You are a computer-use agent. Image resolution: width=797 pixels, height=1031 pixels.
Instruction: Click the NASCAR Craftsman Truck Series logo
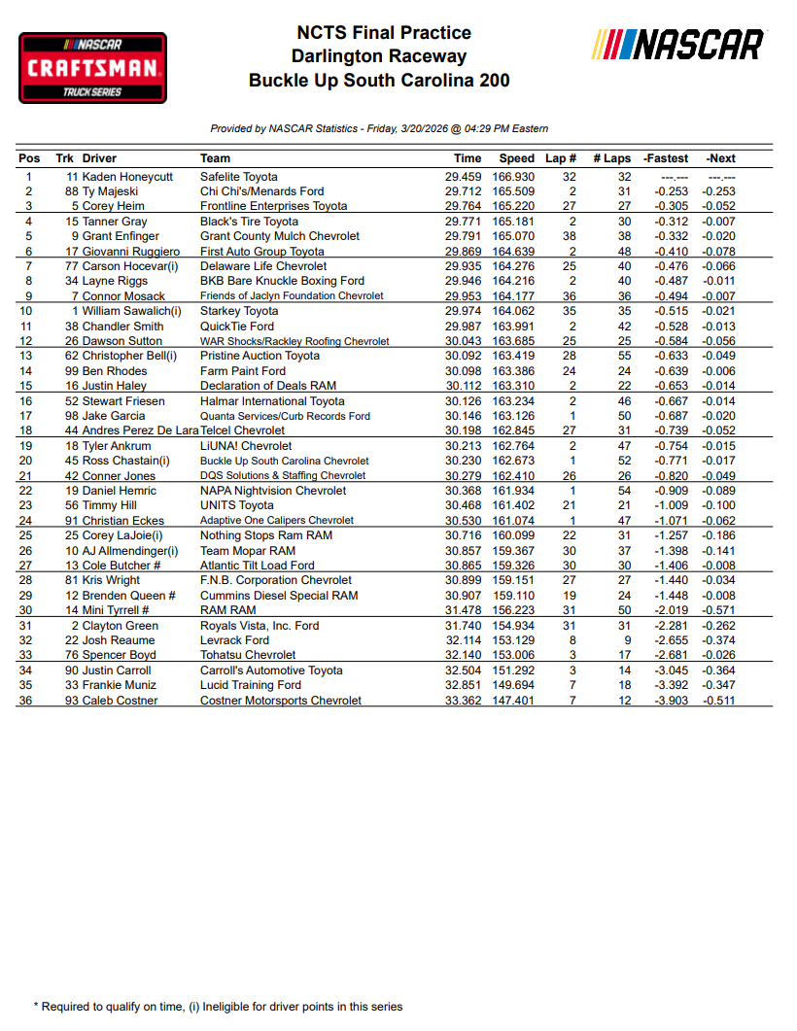[93, 67]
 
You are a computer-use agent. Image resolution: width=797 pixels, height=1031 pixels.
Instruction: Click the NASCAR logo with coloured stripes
[677, 45]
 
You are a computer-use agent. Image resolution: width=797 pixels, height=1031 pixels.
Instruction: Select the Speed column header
[516, 158]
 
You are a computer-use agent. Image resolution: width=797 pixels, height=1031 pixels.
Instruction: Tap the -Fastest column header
[666, 158]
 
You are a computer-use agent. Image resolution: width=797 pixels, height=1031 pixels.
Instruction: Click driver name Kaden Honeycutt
[127, 177]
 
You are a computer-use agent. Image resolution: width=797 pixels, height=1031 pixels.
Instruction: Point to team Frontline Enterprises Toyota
[273, 206]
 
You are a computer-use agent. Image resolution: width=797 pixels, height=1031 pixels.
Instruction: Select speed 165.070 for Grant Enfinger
[516, 236]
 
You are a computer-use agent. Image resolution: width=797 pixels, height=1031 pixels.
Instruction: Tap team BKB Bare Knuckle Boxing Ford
[282, 281]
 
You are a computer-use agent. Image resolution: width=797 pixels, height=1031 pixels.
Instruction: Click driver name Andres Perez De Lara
[141, 430]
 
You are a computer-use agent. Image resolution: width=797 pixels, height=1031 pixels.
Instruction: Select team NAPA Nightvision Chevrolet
[273, 491]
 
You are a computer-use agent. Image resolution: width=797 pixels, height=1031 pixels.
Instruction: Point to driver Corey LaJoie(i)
[122, 535]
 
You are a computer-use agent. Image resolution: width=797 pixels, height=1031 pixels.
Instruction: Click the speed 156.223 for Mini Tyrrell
[516, 610]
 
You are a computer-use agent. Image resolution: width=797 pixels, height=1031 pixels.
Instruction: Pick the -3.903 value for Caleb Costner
[666, 701]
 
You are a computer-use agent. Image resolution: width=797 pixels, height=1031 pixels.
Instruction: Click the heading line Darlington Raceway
[378, 56]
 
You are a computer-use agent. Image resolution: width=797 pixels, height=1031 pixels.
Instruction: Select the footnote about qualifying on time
[218, 1007]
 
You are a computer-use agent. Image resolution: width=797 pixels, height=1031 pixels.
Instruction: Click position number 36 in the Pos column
[29, 701]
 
